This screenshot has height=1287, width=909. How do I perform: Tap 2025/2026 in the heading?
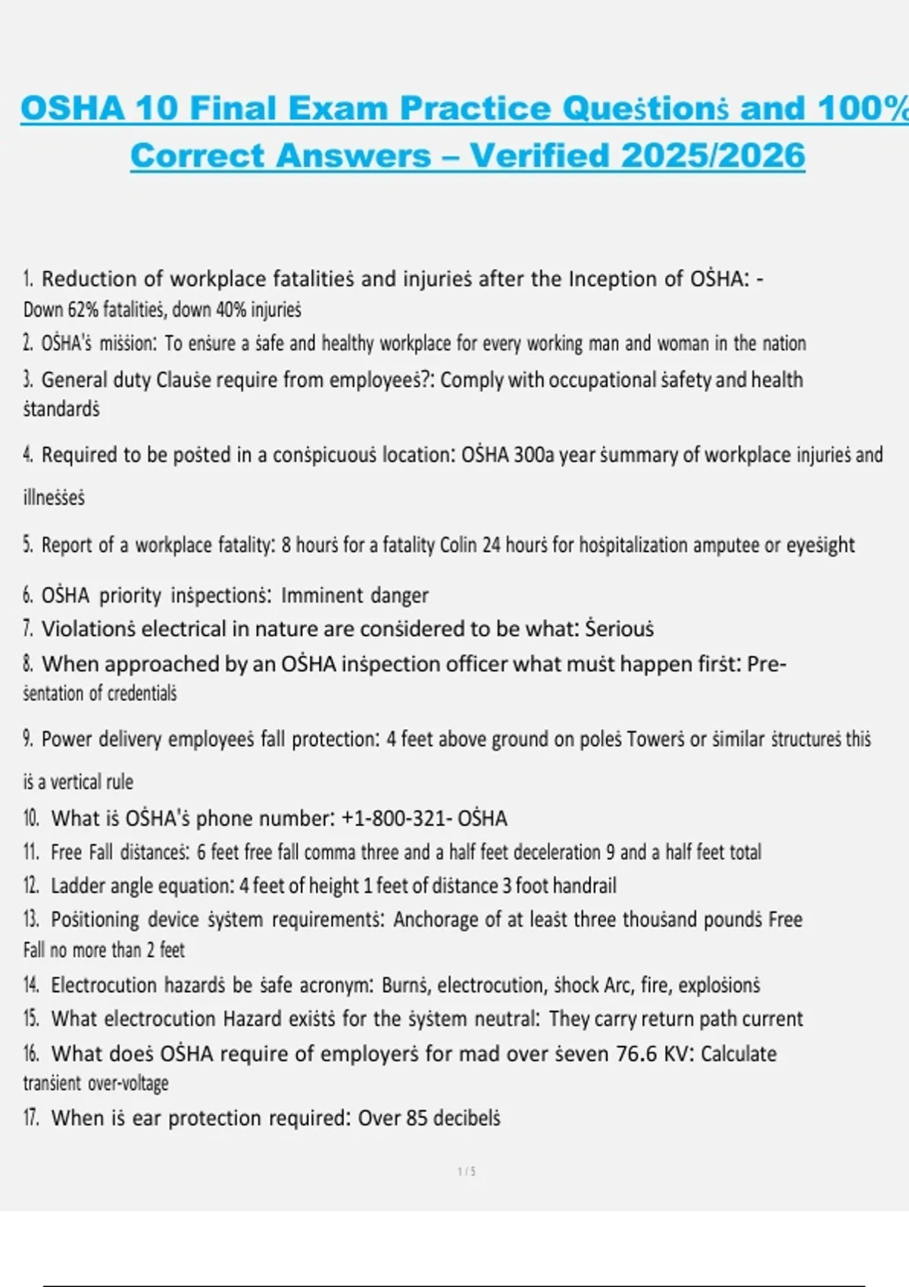click(713, 155)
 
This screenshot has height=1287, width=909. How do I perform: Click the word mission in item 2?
click(128, 344)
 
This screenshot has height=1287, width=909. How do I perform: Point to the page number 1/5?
click(467, 1172)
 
